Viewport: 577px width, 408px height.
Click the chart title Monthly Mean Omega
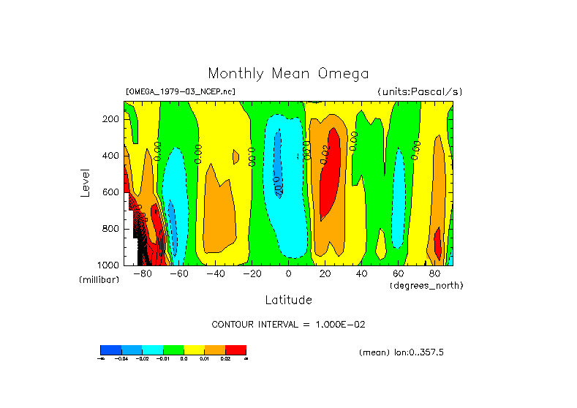(288, 73)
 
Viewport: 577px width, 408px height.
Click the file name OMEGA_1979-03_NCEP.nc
(181, 91)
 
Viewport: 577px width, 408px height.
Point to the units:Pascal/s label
(420, 91)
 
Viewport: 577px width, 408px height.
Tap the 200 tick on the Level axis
(111, 119)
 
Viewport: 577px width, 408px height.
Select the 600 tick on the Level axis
(111, 192)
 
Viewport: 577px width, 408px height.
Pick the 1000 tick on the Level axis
(109, 265)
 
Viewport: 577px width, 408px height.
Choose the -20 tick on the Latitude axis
(252, 273)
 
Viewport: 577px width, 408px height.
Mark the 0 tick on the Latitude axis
(288, 273)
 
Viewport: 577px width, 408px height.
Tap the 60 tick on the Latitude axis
(398, 273)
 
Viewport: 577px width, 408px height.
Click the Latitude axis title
(288, 300)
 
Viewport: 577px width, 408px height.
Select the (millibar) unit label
(99, 280)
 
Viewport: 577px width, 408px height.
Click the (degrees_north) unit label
(426, 284)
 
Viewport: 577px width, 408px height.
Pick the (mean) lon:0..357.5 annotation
(401, 352)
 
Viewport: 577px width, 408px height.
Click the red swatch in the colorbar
(235, 350)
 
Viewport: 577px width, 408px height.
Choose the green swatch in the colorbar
(173, 350)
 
